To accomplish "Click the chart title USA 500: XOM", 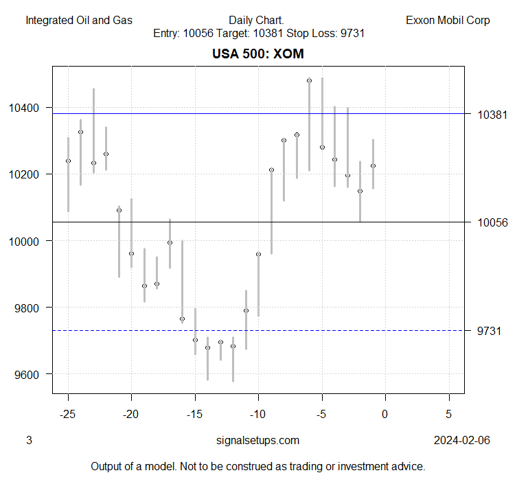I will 258,54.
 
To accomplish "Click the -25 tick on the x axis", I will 68,414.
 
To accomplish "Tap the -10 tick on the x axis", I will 258,414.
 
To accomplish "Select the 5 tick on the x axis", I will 448,414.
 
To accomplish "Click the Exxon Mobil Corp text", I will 448,20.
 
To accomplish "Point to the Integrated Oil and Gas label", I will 79,20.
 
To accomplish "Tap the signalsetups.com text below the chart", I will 257,440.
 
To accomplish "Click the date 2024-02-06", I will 461,440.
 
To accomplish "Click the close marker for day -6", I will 309,81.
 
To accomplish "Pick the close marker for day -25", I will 68,161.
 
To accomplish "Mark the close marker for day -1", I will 373,165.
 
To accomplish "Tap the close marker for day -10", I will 258,254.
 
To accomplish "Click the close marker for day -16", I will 182,319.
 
